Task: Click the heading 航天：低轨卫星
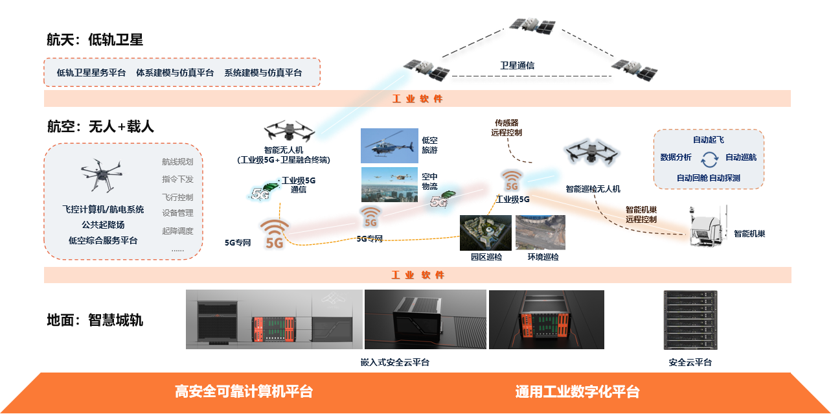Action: (94, 40)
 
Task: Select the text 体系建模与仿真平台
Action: (175, 73)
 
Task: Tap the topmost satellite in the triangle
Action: (532, 25)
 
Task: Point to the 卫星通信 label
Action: (517, 65)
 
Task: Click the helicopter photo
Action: (389, 145)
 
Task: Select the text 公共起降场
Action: (103, 225)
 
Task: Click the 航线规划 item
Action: (177, 162)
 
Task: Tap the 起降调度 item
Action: (177, 231)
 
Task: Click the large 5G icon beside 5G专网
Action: (275, 234)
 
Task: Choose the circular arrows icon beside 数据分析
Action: (710, 157)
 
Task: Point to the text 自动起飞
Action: (709, 140)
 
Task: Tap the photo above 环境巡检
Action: (540, 233)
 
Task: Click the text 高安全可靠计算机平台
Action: (244, 392)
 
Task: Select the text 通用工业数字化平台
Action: (577, 392)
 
